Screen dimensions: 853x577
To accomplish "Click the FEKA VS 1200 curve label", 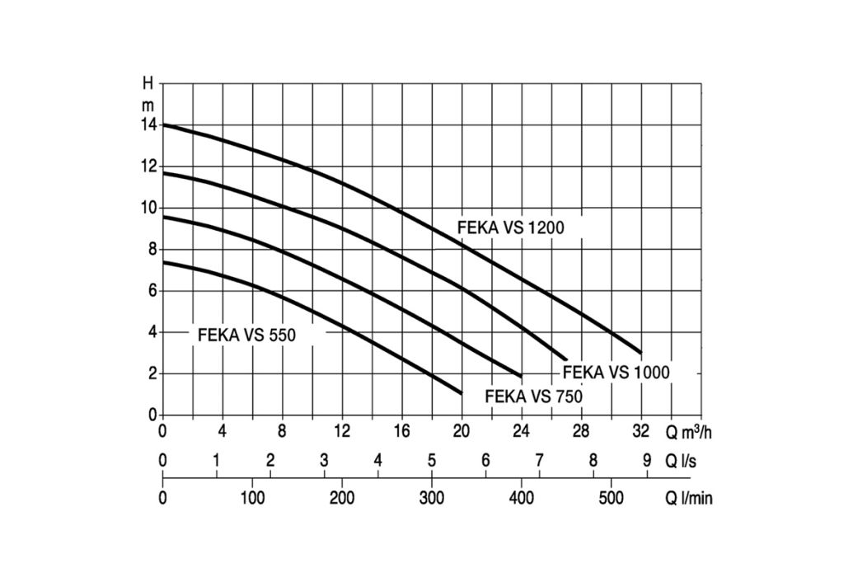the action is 511,228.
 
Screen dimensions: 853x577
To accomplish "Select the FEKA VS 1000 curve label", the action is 616,373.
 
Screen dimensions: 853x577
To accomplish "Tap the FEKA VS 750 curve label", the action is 534,396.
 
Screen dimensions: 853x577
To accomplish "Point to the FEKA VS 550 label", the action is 246,335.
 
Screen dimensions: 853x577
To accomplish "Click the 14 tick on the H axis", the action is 148,125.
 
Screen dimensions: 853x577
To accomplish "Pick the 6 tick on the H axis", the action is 152,291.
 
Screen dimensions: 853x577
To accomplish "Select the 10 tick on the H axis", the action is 148,208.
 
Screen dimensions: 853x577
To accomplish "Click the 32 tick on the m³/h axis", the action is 641,431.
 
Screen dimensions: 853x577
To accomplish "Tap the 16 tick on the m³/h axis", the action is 401,431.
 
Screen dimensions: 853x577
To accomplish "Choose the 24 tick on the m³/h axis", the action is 521,431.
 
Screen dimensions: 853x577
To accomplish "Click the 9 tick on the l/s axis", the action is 647,461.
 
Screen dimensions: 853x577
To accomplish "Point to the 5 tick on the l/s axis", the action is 431,461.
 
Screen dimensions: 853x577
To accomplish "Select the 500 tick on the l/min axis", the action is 611,498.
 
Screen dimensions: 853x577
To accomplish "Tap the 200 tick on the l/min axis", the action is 342,498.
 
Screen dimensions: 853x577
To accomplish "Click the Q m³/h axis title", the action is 689,431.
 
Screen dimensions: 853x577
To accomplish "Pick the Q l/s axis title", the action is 681,461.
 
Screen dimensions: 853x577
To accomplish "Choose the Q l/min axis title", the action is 689,498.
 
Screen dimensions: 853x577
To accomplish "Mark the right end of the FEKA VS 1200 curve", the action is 641,353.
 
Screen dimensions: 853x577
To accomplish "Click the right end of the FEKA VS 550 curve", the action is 462,393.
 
